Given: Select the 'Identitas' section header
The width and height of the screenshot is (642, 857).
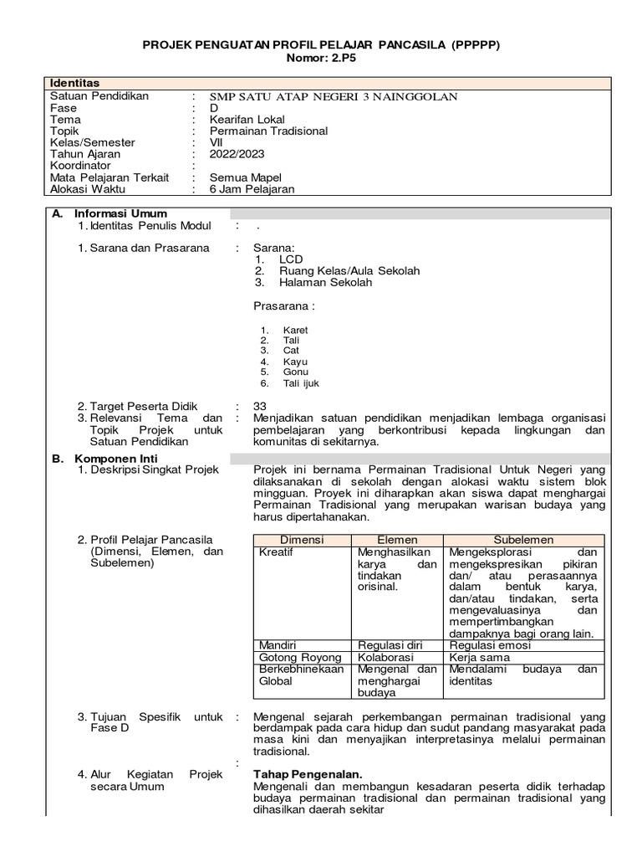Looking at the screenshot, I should tap(75, 83).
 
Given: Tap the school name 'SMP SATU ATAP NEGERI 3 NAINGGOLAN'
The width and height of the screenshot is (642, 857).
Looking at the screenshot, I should tap(334, 96).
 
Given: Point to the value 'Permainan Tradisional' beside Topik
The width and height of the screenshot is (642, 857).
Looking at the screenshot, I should tap(268, 131).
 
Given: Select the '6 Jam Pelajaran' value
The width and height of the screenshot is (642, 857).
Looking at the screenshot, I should tap(252, 189).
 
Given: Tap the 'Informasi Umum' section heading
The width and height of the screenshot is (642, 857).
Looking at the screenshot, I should tap(120, 213).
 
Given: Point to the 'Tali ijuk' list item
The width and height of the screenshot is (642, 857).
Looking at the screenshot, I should tap(301, 383).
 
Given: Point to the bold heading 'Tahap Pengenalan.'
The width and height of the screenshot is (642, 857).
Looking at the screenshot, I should tap(308, 774).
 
